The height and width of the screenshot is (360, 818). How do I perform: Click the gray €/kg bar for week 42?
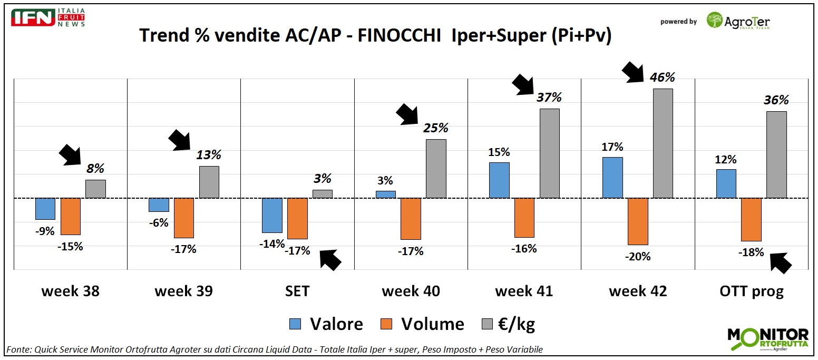(x=663, y=143)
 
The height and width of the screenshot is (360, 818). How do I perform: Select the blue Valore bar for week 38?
(x=45, y=209)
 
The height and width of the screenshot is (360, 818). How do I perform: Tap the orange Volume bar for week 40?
(x=411, y=219)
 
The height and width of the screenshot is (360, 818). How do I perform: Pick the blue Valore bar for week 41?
(x=499, y=180)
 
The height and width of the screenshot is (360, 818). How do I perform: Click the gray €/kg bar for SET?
(x=323, y=194)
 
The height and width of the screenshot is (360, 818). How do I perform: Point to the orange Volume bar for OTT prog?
(x=751, y=219)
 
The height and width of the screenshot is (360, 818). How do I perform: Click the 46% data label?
(x=662, y=77)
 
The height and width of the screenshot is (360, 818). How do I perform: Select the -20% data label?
(x=637, y=257)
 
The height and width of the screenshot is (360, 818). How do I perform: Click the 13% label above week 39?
(x=209, y=155)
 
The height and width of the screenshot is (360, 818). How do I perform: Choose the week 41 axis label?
(x=524, y=291)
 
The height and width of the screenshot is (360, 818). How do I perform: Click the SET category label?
(x=297, y=291)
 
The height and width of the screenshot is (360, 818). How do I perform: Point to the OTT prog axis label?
(x=751, y=291)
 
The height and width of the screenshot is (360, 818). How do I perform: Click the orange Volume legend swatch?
(x=386, y=324)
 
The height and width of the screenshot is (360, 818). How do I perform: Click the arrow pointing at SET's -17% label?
(x=330, y=259)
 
